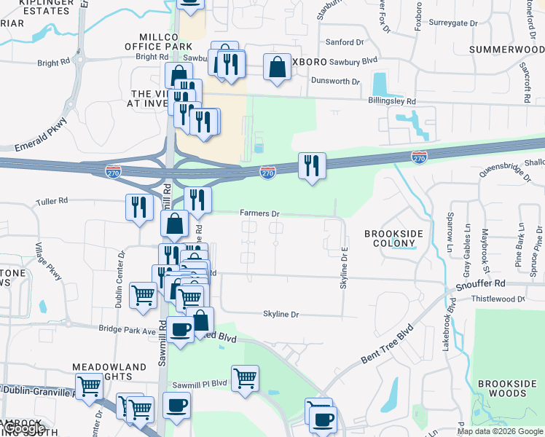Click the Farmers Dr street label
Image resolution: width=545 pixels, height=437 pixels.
click(x=260, y=213)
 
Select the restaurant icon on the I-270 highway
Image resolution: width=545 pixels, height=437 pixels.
click(x=312, y=165)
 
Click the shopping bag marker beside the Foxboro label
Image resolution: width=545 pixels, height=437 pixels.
click(x=277, y=67)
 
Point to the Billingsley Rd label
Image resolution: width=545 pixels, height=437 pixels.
click(x=391, y=101)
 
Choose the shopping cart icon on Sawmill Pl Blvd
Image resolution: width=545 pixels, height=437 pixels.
click(x=246, y=378)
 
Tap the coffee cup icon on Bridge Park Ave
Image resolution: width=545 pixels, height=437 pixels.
click(x=180, y=329)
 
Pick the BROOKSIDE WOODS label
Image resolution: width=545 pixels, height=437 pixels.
click(x=501, y=388)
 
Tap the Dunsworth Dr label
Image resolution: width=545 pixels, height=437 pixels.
click(x=335, y=82)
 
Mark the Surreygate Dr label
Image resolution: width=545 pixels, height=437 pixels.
click(x=453, y=23)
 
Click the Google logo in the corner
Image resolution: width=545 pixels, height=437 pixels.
click(x=25, y=428)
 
